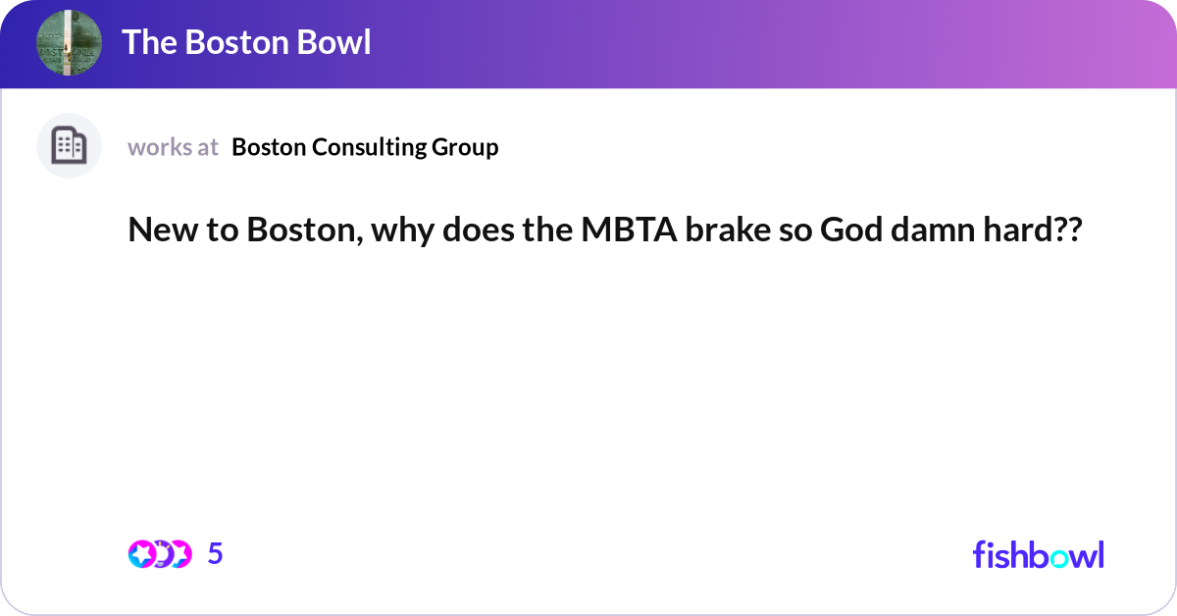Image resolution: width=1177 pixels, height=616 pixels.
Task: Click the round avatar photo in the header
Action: coord(69,43)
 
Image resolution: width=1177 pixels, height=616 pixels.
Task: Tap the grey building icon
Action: coord(69,146)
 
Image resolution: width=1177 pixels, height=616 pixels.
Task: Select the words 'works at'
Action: coord(173,147)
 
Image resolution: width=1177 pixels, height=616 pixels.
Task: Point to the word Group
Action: coord(466,147)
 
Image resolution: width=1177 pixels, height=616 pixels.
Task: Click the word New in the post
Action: coord(158,231)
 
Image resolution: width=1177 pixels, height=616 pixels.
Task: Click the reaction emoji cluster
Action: coord(159,554)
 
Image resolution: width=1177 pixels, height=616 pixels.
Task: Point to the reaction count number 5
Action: coord(216,554)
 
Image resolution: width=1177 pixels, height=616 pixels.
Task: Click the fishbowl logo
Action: coord(1038,554)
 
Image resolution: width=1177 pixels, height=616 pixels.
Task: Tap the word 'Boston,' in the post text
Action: coord(300,231)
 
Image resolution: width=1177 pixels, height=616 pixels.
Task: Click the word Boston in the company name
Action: coord(271,147)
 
